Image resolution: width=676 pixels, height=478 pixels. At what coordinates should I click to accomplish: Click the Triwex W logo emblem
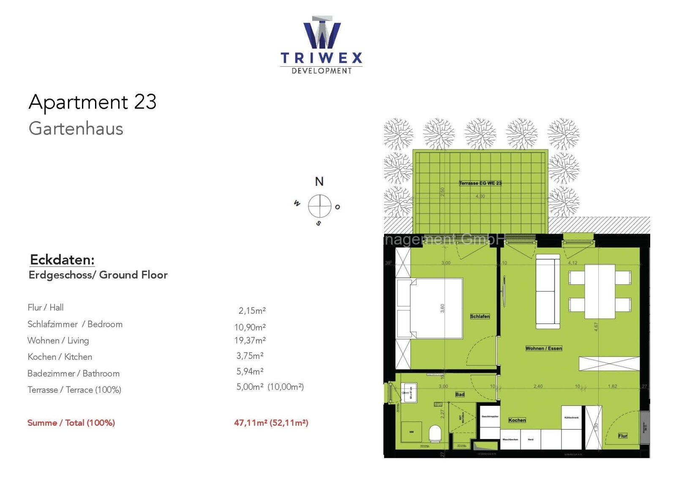click(322, 33)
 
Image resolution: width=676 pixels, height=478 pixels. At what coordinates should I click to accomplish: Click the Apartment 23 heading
click(93, 102)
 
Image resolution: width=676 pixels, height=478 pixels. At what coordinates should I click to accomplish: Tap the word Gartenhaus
click(76, 128)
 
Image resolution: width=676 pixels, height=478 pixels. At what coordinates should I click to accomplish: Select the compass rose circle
click(319, 206)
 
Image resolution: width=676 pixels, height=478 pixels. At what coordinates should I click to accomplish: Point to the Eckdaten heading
click(62, 260)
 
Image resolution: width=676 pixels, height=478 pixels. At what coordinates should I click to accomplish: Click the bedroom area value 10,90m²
click(250, 327)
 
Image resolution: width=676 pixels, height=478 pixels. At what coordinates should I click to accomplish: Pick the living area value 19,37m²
click(250, 340)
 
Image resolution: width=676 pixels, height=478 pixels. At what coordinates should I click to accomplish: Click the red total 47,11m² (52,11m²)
click(271, 423)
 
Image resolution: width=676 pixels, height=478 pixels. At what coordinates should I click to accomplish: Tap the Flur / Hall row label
click(46, 307)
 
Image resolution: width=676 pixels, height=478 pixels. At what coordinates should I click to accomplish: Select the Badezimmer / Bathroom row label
click(74, 373)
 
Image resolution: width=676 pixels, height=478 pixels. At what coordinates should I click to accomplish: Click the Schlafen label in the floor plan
click(480, 316)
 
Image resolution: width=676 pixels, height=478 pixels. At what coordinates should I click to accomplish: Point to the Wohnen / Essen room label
click(544, 348)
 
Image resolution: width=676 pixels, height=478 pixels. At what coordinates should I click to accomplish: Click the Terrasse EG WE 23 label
click(480, 183)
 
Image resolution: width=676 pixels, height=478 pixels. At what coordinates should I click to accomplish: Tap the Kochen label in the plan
click(517, 420)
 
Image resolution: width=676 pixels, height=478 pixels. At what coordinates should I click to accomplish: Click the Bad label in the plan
click(460, 394)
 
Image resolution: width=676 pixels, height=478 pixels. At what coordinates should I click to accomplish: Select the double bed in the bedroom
click(431, 308)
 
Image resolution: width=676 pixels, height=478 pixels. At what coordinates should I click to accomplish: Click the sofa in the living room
click(548, 291)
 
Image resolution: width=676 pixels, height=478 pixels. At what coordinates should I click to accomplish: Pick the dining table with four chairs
click(600, 291)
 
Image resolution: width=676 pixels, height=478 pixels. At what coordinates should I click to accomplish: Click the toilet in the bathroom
click(435, 433)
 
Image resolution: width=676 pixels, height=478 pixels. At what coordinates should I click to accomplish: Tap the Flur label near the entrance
click(622, 436)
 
